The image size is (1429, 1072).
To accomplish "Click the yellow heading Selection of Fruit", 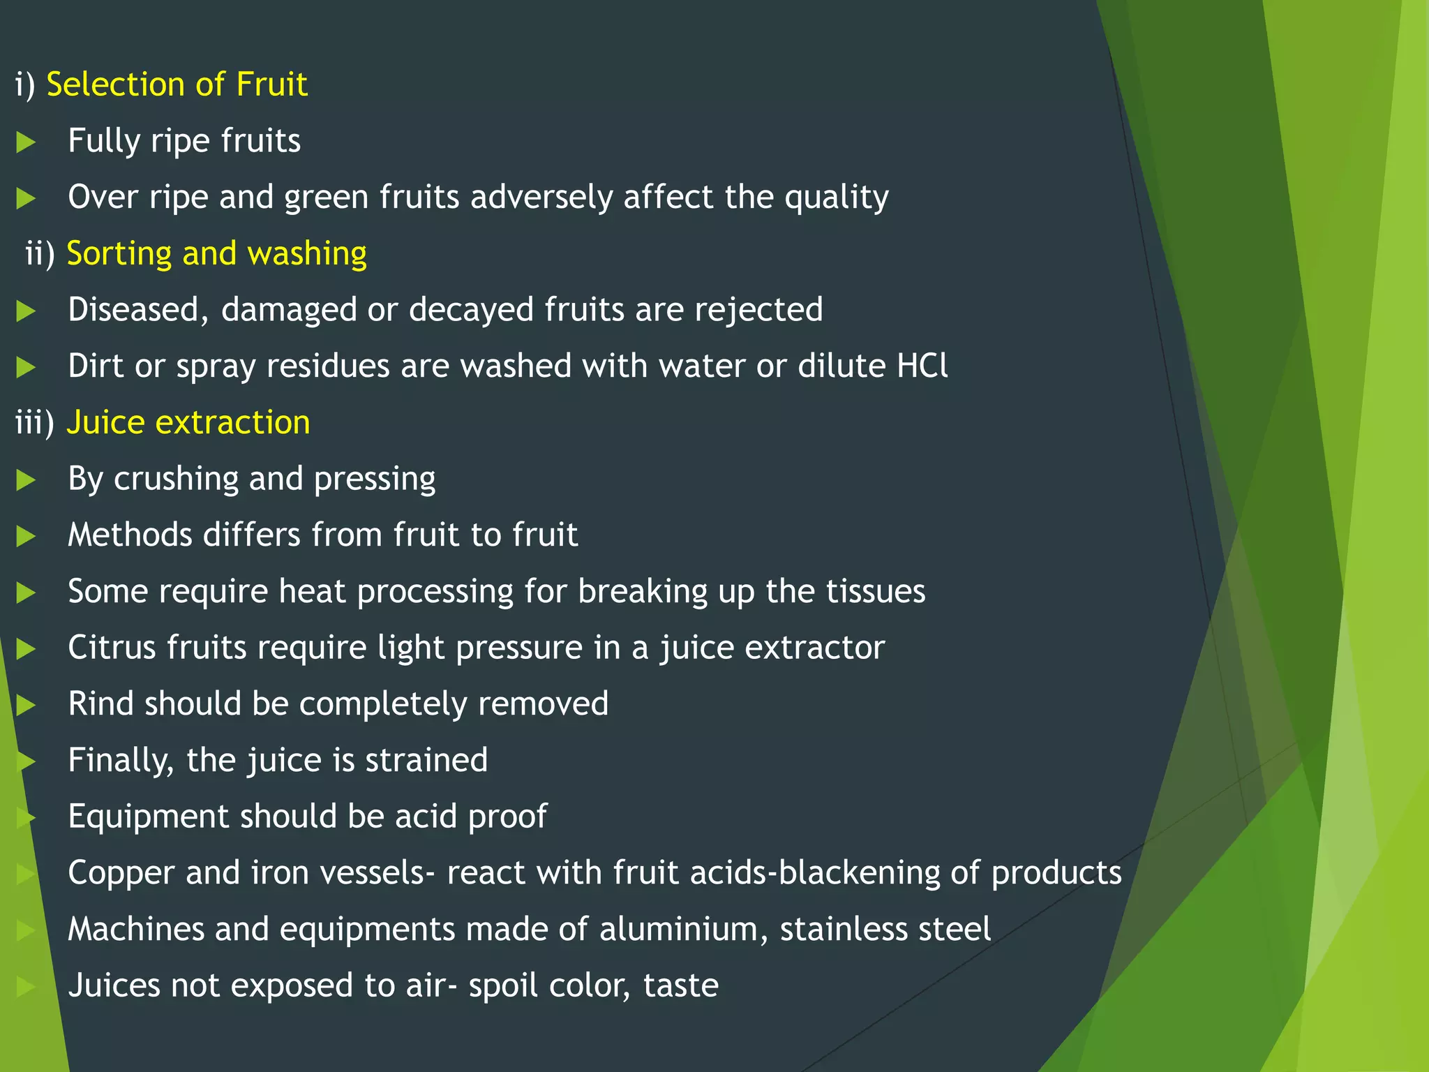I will click(x=177, y=84).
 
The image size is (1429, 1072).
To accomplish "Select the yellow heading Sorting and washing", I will click(x=216, y=253).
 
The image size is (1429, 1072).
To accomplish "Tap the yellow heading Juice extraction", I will click(x=188, y=422).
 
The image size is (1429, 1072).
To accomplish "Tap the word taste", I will click(x=680, y=985).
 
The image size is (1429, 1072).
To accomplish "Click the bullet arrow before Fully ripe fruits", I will click(x=26, y=142).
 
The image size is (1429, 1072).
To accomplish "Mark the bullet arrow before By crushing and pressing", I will click(x=26, y=480).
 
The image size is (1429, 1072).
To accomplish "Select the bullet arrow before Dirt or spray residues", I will click(x=26, y=367).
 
